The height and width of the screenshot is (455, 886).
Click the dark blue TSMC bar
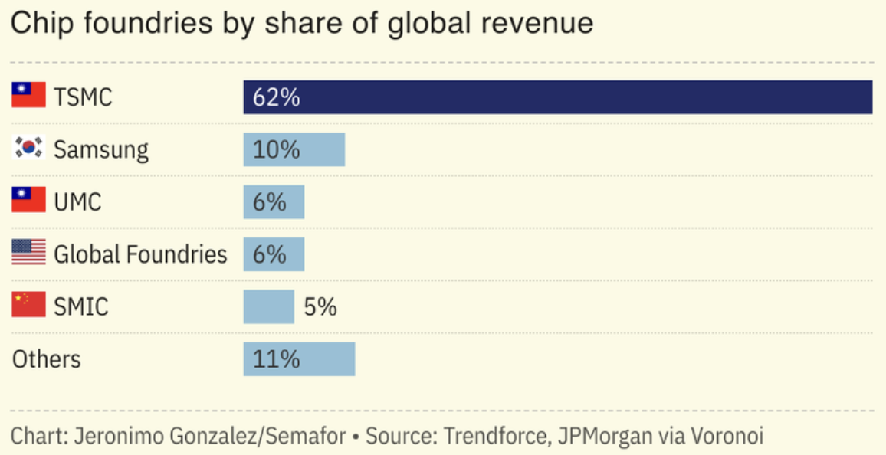(558, 97)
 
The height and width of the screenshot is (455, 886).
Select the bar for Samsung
(294, 149)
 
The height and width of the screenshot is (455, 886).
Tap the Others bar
(299, 358)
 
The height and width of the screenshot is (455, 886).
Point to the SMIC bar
(268, 306)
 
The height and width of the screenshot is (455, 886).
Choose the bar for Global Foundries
(274, 254)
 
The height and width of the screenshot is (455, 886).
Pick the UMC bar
(274, 201)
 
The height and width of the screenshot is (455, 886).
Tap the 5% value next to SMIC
(320, 306)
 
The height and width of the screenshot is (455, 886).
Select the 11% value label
(276, 358)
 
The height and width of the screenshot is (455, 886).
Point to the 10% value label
(276, 149)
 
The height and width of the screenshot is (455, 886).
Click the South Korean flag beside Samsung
(29, 147)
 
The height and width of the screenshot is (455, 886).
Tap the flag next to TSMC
(29, 95)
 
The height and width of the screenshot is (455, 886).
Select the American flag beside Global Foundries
(29, 252)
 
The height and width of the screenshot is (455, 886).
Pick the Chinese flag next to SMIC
(29, 304)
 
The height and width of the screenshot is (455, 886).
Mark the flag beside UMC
(29, 200)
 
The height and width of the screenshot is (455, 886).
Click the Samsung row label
(101, 149)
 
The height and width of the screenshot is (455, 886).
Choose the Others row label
(46, 359)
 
